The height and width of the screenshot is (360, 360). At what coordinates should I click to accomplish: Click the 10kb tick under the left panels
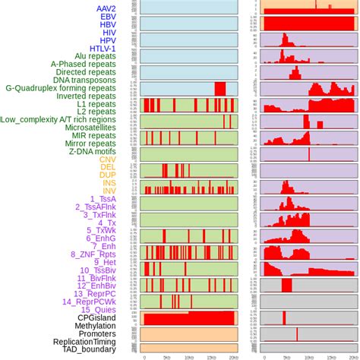(x=190, y=355)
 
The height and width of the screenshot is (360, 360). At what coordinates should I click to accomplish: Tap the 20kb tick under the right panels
(x=352, y=355)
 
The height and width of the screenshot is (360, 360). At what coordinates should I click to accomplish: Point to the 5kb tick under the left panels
(x=167, y=355)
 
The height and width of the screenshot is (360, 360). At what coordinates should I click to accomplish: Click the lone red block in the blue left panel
(x=220, y=89)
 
